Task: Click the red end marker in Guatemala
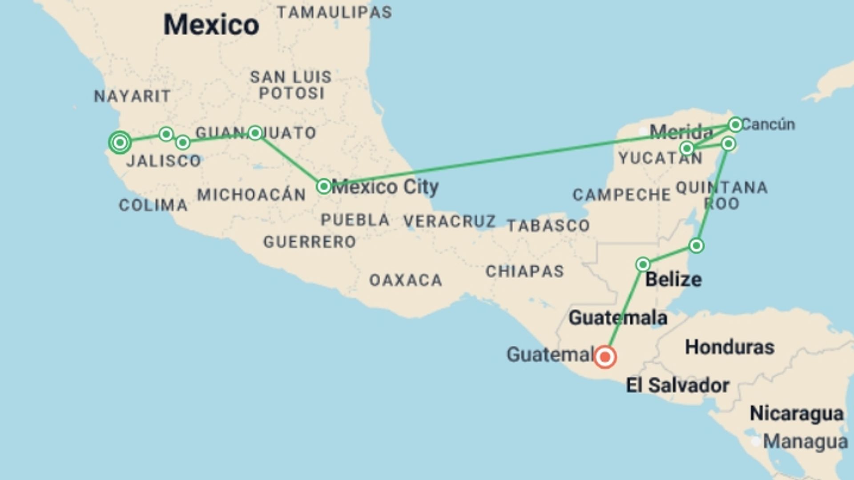click(605, 357)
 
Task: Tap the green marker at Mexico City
click(324, 186)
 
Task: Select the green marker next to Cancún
click(735, 124)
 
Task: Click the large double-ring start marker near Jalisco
click(120, 143)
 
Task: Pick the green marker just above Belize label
click(643, 265)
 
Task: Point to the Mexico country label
click(211, 24)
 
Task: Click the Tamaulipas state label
click(334, 12)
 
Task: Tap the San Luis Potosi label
click(291, 85)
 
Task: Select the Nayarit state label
click(133, 96)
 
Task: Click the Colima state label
click(153, 205)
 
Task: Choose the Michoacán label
click(252, 195)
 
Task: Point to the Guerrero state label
click(310, 242)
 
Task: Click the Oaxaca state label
click(406, 280)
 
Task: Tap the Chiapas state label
click(525, 271)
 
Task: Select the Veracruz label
click(449, 221)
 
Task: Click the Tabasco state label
click(548, 226)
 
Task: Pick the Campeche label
click(621, 195)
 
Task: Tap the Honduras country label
click(729, 347)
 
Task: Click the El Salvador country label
click(677, 385)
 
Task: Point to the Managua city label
click(805, 441)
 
